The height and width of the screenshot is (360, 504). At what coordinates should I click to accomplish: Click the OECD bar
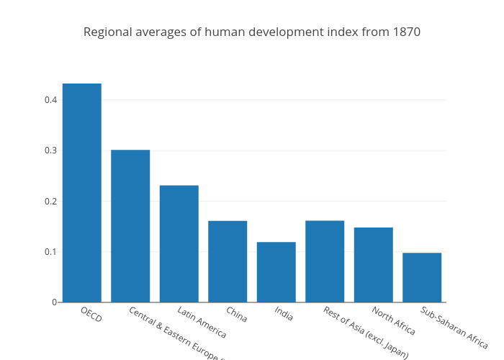[x=81, y=193]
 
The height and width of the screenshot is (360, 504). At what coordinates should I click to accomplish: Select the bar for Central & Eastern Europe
[x=130, y=226]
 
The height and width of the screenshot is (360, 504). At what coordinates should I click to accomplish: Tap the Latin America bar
[x=179, y=244]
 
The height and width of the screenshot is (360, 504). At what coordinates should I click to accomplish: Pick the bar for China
[x=228, y=261]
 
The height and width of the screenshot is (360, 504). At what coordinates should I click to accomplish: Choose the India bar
[x=276, y=272]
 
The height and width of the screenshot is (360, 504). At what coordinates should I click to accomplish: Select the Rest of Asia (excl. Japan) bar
[x=325, y=261]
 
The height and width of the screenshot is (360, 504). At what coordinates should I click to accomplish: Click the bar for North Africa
[x=373, y=265]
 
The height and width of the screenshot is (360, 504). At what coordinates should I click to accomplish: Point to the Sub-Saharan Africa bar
[x=422, y=277]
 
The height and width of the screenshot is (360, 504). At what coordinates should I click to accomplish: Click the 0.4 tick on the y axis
[x=50, y=100]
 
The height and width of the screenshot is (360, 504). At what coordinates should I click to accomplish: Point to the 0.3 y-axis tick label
[x=50, y=150]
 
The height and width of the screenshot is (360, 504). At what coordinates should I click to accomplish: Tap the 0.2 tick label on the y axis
[x=50, y=201]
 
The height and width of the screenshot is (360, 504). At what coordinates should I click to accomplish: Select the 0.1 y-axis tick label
[x=50, y=252]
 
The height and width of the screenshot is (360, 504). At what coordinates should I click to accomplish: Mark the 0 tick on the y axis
[x=54, y=302]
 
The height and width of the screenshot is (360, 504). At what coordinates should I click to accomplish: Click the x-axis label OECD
[x=91, y=314]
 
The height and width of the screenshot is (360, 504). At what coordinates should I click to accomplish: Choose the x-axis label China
[x=236, y=314]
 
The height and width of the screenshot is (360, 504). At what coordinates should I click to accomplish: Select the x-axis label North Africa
[x=394, y=321]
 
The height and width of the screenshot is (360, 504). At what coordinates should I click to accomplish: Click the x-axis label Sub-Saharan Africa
[x=454, y=328]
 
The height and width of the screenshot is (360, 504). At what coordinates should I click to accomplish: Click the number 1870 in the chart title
[x=406, y=32]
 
